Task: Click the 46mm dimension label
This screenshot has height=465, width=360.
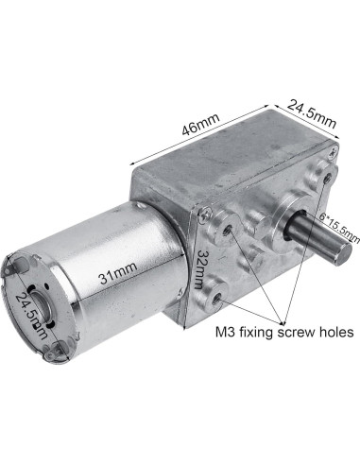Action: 201,123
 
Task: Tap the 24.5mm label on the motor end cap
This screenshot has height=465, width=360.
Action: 30,317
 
